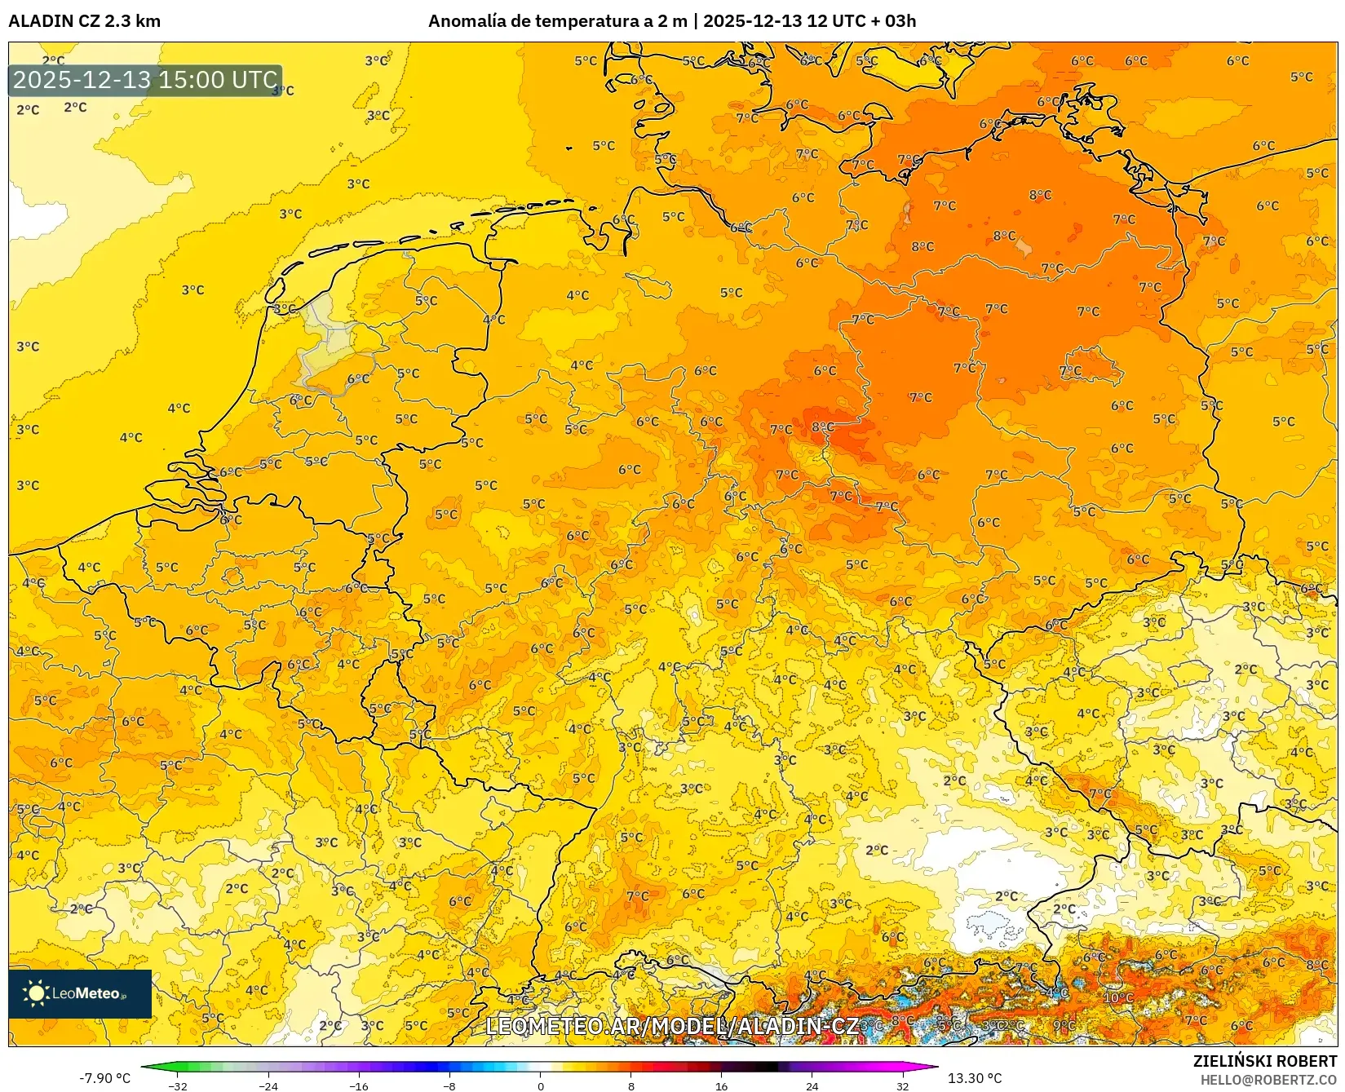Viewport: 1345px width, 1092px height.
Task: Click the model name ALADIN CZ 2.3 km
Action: [x=85, y=21]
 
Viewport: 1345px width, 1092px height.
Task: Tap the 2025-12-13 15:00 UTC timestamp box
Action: [x=145, y=80]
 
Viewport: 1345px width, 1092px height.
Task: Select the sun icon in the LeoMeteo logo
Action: [x=36, y=993]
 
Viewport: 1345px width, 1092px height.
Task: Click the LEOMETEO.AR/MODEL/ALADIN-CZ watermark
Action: [x=672, y=1026]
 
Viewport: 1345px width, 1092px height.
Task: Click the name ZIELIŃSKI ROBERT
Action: [x=1265, y=1061]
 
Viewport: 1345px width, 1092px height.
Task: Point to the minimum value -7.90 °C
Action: [x=104, y=1078]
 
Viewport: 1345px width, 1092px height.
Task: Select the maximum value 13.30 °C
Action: [x=975, y=1078]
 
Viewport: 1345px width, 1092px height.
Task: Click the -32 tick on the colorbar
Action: [x=178, y=1085]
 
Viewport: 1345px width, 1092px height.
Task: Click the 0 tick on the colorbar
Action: [x=540, y=1085]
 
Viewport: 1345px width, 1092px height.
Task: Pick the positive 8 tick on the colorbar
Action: [x=630, y=1085]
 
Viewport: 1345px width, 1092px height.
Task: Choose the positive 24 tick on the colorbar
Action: [x=812, y=1085]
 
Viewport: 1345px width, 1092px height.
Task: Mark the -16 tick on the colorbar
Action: [x=359, y=1085]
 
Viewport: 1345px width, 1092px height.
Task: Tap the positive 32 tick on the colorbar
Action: [x=902, y=1085]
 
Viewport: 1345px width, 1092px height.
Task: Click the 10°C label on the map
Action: [x=1117, y=997]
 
